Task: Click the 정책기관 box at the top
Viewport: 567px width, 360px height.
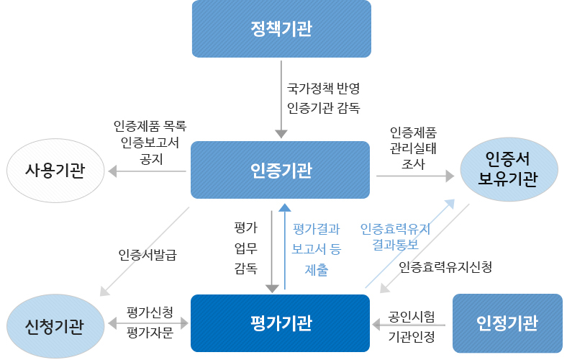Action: (x=281, y=29)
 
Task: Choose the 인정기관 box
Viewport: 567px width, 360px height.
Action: (x=507, y=323)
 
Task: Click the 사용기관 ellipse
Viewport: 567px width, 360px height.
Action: (x=55, y=171)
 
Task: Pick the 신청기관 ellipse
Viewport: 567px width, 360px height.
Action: (x=55, y=326)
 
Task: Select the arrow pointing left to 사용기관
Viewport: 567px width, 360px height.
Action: (x=147, y=171)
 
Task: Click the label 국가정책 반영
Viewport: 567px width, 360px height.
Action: (x=322, y=89)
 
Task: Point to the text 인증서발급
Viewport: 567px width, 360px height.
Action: (x=148, y=255)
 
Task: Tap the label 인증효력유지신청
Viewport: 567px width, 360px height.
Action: (x=445, y=267)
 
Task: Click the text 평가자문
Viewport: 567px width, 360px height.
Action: (x=150, y=333)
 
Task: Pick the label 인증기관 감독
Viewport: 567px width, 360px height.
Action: (x=322, y=109)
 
